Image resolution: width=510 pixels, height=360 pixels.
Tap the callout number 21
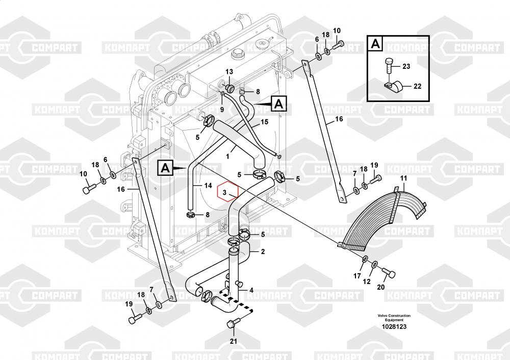pyautogui.click(x=233, y=341)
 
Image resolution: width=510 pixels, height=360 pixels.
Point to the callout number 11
pyautogui.click(x=403, y=178)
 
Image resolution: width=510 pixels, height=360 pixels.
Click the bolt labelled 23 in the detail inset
pyautogui.click(x=389, y=65)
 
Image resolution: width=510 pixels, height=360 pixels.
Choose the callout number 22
pyautogui.click(x=417, y=86)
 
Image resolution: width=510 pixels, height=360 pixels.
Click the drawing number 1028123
pyautogui.click(x=394, y=327)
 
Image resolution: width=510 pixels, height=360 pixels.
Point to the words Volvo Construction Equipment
pyautogui.click(x=394, y=318)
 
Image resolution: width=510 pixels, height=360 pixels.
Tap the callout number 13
pyautogui.click(x=229, y=71)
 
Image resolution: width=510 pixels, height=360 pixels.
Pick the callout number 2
pyautogui.click(x=263, y=251)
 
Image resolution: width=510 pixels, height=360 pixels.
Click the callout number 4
pyautogui.click(x=251, y=291)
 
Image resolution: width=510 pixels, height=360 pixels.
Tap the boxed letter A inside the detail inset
pyautogui.click(x=375, y=44)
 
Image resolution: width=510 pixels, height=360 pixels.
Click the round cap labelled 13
pyautogui.click(x=229, y=88)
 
